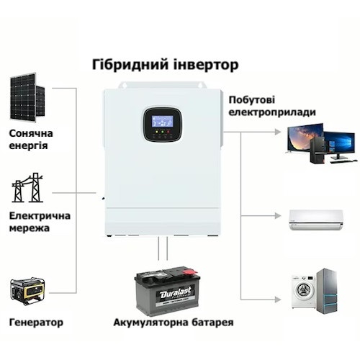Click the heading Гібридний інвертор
coord(165,65)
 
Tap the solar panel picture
coord(27,98)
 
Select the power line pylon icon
coord(27,187)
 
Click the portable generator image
coord(27,292)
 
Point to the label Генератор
coord(36,323)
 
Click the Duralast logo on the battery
coord(176,292)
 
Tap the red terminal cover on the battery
coord(190,271)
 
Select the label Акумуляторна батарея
coord(174,323)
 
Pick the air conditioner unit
coord(316,220)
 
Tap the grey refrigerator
coord(326,291)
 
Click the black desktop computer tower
coord(318,150)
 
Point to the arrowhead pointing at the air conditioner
coord(278,216)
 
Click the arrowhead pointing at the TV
coord(278,132)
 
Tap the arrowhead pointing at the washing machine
coord(278,300)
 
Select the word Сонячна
coord(31,133)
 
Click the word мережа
coord(30,228)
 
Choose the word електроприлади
coord(272,112)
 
